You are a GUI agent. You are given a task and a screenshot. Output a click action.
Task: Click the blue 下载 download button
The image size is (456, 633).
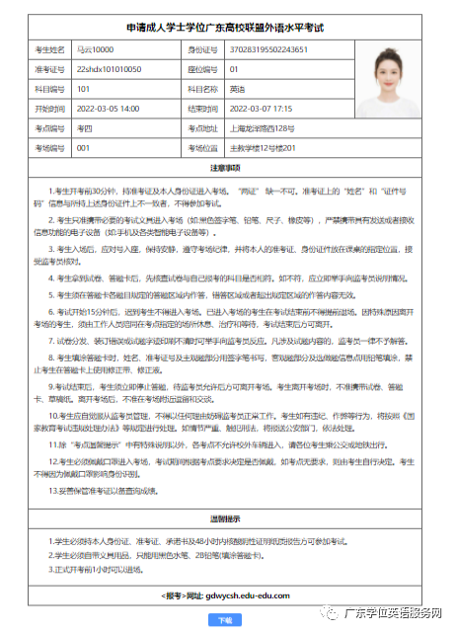(225, 620)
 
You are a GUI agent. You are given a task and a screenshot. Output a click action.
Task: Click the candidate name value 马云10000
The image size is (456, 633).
(96, 49)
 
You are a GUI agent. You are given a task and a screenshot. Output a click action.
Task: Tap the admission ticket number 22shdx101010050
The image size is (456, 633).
(109, 69)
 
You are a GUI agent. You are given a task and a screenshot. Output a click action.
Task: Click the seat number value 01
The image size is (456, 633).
(233, 69)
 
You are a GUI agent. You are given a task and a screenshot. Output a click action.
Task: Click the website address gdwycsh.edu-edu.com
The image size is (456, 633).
(247, 596)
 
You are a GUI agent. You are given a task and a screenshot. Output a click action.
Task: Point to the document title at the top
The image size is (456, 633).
(225, 27)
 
